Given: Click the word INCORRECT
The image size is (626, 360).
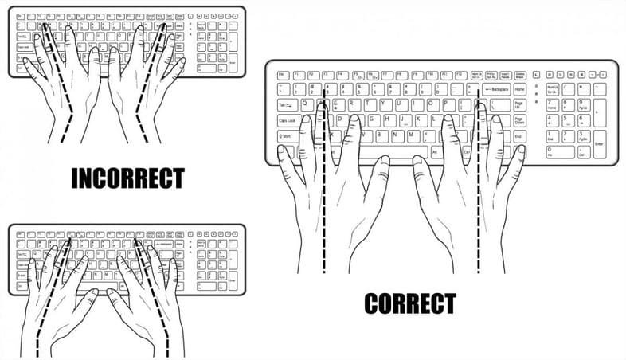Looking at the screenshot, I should coord(127,178).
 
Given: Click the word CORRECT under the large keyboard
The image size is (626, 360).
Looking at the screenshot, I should coord(409,303).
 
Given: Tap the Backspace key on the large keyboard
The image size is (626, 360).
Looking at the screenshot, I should coord(498,89).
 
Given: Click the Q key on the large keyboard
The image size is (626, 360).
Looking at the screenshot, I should coord(304,104).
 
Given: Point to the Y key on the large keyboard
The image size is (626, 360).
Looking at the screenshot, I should coord(384,104).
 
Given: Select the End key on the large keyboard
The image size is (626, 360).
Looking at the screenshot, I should coord(518,136).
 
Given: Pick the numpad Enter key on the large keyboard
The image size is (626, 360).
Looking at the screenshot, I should coord(599,143).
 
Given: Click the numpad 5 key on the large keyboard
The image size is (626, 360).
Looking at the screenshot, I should coord(565,120).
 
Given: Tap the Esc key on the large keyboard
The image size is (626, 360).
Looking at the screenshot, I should coord(281,74).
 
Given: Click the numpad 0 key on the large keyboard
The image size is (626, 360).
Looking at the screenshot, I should coord(558,151).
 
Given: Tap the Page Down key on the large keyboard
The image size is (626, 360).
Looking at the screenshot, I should coord(518,120).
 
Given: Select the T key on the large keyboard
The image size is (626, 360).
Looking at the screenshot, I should coord(368,104).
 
